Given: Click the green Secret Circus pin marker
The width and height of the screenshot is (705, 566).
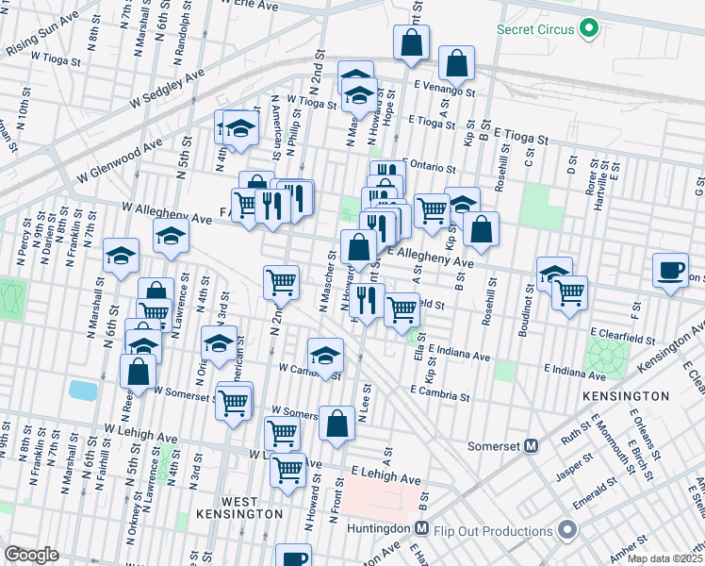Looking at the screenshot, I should (x=590, y=28).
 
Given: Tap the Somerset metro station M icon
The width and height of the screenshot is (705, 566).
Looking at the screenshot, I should (x=531, y=445).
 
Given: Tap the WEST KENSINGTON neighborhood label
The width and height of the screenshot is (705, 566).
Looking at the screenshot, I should (x=238, y=507).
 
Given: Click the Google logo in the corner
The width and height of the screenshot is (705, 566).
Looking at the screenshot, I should (x=31, y=554).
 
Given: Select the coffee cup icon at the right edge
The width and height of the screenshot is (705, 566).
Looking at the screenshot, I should (x=670, y=270).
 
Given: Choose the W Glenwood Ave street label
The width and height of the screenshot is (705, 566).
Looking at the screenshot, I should (x=122, y=160).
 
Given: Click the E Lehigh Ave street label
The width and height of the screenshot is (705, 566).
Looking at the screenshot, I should (x=385, y=475).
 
